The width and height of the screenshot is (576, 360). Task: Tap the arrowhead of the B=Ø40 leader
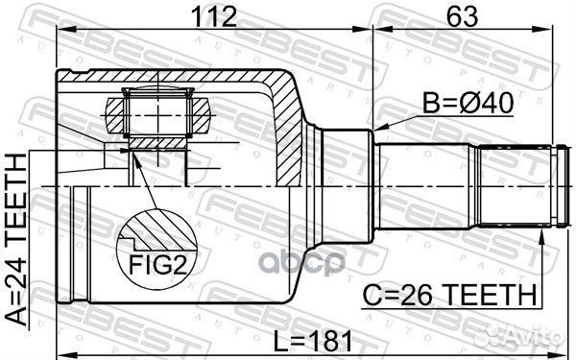[377, 129]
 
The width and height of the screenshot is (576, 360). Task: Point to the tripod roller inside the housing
[159, 114]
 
